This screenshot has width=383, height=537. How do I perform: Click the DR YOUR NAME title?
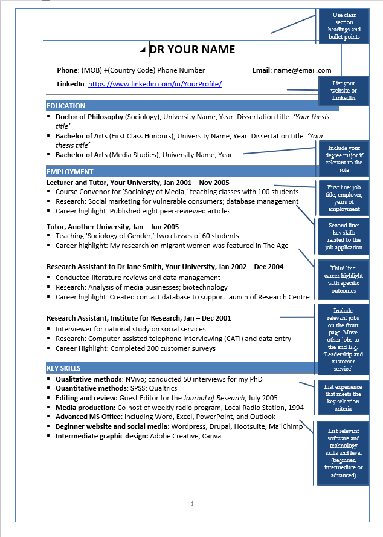pos(192,50)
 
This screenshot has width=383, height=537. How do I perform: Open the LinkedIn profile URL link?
pos(155,84)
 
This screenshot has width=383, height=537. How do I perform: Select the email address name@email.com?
pos(302,70)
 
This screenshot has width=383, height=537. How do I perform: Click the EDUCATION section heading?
pos(66,106)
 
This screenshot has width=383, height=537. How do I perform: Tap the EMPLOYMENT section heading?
pos(70,172)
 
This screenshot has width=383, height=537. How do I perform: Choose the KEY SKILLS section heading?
pos(63,368)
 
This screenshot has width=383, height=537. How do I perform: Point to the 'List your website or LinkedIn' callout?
pos(344,90)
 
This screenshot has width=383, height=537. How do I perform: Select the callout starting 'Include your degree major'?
pos(346,158)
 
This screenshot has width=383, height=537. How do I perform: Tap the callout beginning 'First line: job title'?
pos(344,198)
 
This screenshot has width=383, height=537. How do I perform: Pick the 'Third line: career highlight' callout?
pos(344,279)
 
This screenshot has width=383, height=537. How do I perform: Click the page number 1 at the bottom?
pos(192,503)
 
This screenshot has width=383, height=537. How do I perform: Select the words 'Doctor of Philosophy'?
pos(89,116)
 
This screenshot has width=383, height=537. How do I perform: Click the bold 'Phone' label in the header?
pos(67,70)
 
